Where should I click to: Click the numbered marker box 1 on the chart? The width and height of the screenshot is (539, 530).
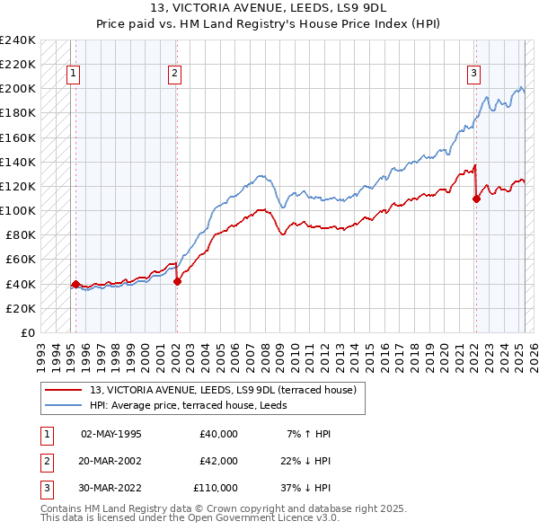[x=73, y=75]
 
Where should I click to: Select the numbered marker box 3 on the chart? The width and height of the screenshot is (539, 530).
[x=473, y=75]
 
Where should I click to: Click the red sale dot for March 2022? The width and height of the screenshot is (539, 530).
[x=476, y=199]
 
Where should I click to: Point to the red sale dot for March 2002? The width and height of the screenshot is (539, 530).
[x=177, y=281]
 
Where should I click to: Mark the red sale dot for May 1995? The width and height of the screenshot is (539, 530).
[x=75, y=284]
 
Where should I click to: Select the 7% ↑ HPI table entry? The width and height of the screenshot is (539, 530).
[x=308, y=434]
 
